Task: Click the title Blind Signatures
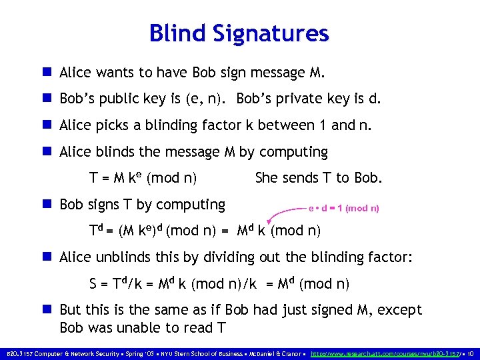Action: (239, 33)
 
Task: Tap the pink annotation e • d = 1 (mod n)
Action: (343, 208)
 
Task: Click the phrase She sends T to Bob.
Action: (319, 178)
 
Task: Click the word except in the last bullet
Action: (398, 310)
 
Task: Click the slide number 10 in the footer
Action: (471, 353)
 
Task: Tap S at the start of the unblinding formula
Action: (93, 285)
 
